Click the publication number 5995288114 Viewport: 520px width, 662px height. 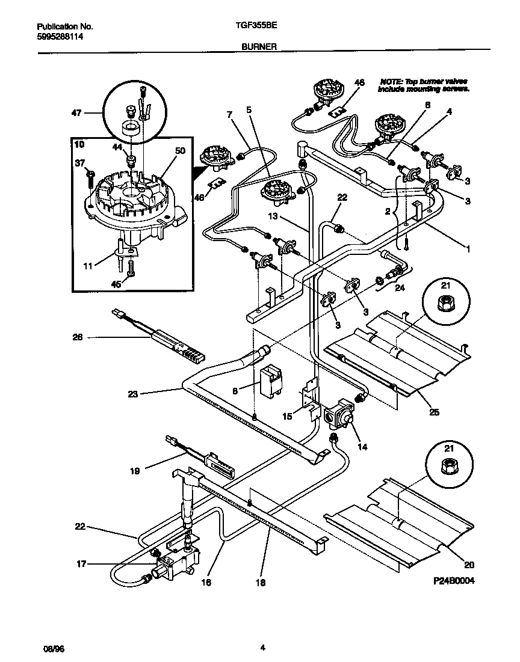click(x=60, y=37)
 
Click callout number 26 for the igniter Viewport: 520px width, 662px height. click(x=77, y=337)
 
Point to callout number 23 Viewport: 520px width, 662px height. click(x=132, y=394)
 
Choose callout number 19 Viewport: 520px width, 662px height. click(x=135, y=471)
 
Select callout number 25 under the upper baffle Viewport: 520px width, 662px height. click(x=434, y=412)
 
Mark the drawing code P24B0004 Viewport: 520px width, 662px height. click(x=458, y=582)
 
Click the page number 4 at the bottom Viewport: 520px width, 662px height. click(x=262, y=648)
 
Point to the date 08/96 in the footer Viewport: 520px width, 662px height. click(x=53, y=649)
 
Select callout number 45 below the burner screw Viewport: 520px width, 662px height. click(x=116, y=284)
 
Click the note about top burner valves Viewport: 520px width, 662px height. click(x=424, y=85)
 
